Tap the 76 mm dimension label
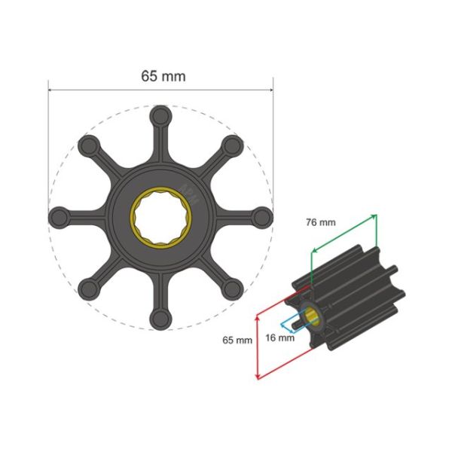[321, 222]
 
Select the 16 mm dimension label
[279, 337]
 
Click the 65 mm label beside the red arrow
[237, 341]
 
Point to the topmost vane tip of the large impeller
[160, 117]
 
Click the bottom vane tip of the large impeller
[160, 317]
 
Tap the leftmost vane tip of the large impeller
[60, 218]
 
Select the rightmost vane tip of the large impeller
[261, 218]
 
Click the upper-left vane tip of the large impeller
[89, 146]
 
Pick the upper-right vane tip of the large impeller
[232, 146]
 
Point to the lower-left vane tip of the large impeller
[89, 288]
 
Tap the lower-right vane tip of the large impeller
[232, 288]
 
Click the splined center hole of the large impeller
[160, 218]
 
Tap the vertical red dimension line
[258, 347]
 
